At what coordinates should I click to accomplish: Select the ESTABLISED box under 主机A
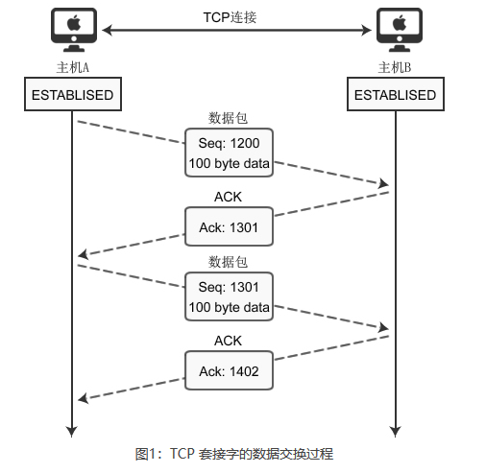point(72,95)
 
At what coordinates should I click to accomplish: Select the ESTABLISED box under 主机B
point(395,95)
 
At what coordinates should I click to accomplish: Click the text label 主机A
point(73,68)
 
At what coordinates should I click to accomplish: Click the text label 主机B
point(395,68)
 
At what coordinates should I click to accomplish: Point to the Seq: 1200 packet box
point(229,153)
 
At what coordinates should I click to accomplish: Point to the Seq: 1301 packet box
point(229,297)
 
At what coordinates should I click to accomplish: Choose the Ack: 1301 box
point(229,227)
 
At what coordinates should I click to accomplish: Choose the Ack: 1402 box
point(229,371)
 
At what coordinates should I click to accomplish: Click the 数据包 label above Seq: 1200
point(228,119)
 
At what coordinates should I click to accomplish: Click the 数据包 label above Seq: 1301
point(228,262)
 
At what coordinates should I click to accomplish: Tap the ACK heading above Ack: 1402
point(228,341)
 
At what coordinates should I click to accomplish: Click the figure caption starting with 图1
point(234,453)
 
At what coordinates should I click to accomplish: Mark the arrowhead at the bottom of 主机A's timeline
point(72,429)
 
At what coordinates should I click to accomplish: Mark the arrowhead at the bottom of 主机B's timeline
point(395,429)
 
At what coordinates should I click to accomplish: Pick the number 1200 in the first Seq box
point(243,142)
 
